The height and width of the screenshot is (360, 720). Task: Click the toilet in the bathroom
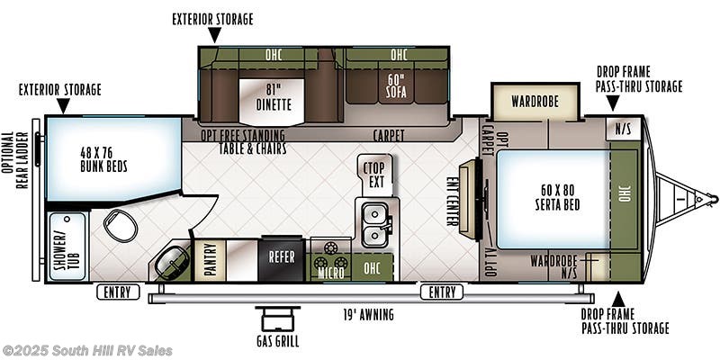(121, 225)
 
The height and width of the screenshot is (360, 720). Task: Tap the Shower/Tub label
(67, 247)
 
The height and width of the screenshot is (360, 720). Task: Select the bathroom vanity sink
(169, 262)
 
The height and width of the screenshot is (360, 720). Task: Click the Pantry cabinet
(210, 261)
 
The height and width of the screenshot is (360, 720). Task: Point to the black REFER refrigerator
(282, 258)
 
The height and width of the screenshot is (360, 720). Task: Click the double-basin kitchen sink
(375, 224)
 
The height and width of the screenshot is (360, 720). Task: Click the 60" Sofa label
(396, 85)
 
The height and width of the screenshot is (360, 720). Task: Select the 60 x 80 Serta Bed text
(557, 197)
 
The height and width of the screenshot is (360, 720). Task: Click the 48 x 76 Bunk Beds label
(103, 159)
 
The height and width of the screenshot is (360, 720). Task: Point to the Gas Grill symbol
(277, 319)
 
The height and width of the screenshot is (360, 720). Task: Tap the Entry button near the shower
(118, 292)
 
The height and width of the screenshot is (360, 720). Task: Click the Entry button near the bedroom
(443, 292)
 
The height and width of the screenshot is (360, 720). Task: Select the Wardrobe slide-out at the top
(535, 101)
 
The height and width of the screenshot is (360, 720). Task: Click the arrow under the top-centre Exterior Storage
(214, 35)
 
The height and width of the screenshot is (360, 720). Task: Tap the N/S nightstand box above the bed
(623, 129)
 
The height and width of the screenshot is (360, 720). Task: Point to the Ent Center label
(453, 202)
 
